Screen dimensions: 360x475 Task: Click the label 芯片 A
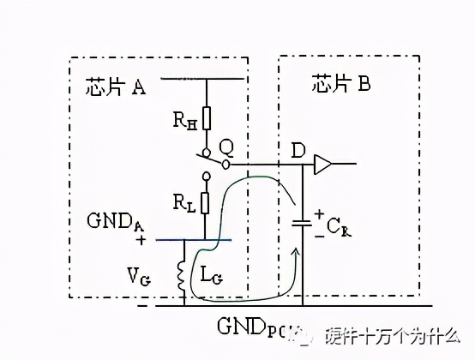pos(116,87)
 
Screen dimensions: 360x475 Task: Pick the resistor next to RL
pos(207,203)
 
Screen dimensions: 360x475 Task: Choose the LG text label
pos(210,277)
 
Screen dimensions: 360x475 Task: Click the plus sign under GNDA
pos(141,242)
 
